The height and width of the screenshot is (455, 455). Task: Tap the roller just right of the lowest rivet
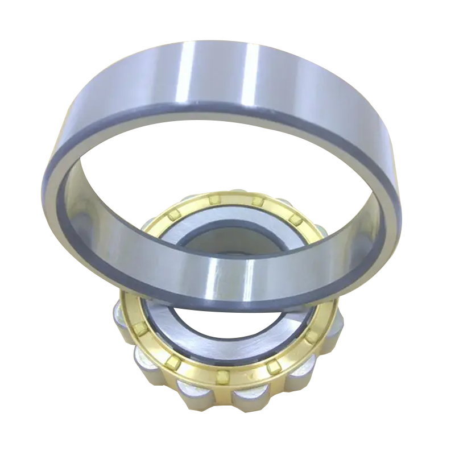pos(248,395)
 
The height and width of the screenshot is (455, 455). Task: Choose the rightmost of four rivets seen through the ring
pos(294,220)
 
